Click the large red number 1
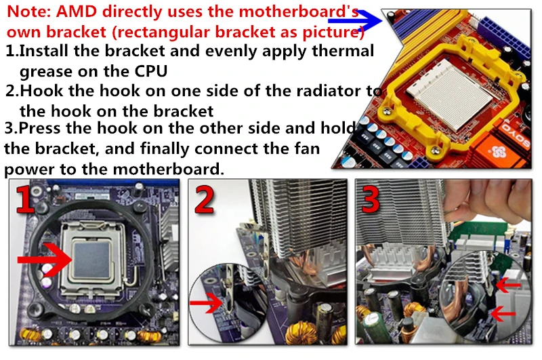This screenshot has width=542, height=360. pyautogui.click(x=25, y=199)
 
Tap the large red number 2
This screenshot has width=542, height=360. pyautogui.click(x=204, y=199)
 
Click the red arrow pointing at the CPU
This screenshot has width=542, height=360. pyautogui.click(x=45, y=260)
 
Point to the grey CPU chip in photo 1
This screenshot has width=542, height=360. pyautogui.click(x=91, y=260)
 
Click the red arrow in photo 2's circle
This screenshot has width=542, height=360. pyautogui.click(x=207, y=303)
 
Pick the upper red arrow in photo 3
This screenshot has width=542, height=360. pyautogui.click(x=508, y=285)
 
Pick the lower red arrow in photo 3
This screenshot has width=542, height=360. pyautogui.click(x=503, y=314)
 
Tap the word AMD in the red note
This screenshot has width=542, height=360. pyautogui.click(x=77, y=12)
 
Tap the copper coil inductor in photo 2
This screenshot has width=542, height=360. pyautogui.click(x=300, y=333)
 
